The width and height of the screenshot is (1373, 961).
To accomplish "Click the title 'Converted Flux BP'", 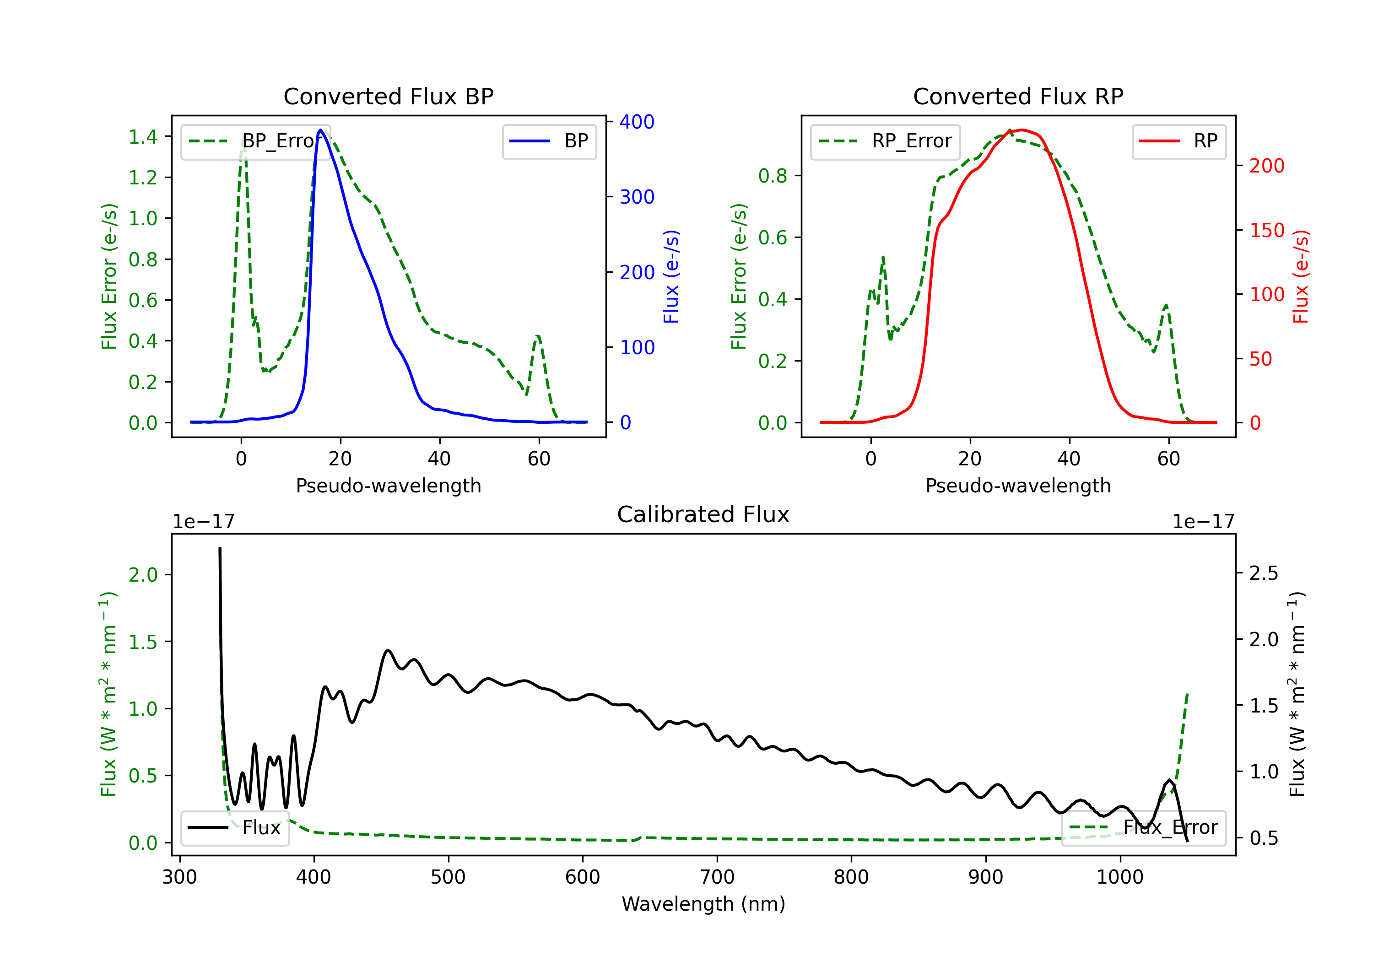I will [x=388, y=96].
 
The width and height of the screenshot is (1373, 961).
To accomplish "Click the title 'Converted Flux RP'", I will [x=1018, y=96].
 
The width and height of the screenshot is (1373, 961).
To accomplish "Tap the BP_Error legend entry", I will [x=255, y=141].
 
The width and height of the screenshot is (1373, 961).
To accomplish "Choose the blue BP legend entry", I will [x=549, y=141].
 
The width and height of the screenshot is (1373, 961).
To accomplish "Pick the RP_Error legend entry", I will [x=885, y=141].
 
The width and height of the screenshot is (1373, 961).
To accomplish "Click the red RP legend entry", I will [x=1178, y=141].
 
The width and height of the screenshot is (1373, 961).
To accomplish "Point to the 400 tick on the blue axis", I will [x=636, y=122].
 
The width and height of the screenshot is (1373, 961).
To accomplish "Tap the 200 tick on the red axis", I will [x=1266, y=166].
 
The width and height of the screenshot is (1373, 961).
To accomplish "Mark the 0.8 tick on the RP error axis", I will [x=773, y=176].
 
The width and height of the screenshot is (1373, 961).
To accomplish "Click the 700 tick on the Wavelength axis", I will [x=717, y=877].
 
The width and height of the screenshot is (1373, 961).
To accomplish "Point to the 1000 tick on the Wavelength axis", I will [x=1119, y=877].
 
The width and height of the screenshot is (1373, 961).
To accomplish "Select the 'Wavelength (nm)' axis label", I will [x=703, y=904].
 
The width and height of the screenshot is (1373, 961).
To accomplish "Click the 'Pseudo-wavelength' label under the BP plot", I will [x=388, y=486].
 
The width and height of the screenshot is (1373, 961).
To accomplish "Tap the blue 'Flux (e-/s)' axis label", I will [x=671, y=276].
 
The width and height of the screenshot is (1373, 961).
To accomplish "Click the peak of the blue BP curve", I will [x=320, y=130].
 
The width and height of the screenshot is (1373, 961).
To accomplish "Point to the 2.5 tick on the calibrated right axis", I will [x=1264, y=573].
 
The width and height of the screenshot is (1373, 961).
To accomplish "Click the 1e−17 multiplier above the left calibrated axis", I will [x=203, y=522].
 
